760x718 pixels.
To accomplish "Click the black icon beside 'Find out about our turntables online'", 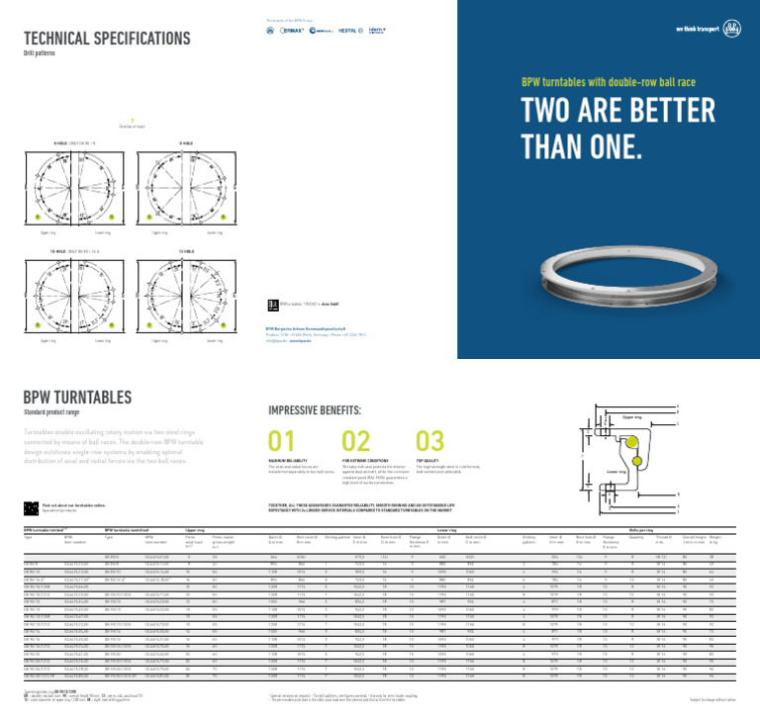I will pos(30,508).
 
